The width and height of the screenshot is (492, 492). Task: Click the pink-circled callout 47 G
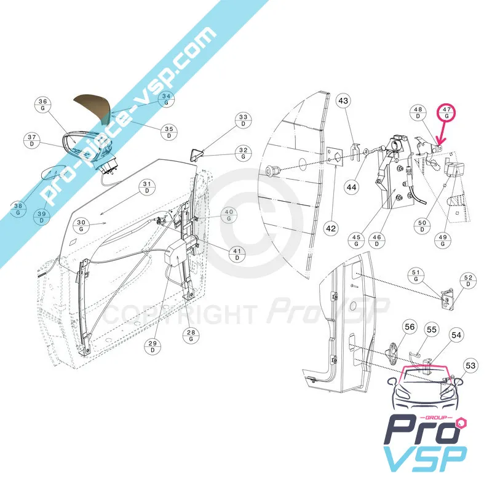click(x=446, y=113)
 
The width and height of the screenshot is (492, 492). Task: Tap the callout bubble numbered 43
click(x=343, y=101)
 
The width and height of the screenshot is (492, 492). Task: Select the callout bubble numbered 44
click(x=351, y=188)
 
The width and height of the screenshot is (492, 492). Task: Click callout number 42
click(x=331, y=228)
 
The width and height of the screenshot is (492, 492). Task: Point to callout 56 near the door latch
click(x=410, y=327)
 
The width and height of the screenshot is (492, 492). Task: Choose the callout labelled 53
click(x=470, y=365)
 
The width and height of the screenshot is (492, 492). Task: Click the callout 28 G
click(x=191, y=336)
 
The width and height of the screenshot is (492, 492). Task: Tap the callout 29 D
click(x=153, y=347)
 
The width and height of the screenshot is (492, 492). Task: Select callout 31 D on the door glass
click(x=147, y=188)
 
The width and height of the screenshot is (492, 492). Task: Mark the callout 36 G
click(x=42, y=105)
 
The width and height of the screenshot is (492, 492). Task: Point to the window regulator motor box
click(x=178, y=252)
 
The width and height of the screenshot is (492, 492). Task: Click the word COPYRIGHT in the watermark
click(x=180, y=314)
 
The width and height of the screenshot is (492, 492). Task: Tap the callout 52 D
click(x=468, y=280)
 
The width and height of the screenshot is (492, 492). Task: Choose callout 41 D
click(x=237, y=255)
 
